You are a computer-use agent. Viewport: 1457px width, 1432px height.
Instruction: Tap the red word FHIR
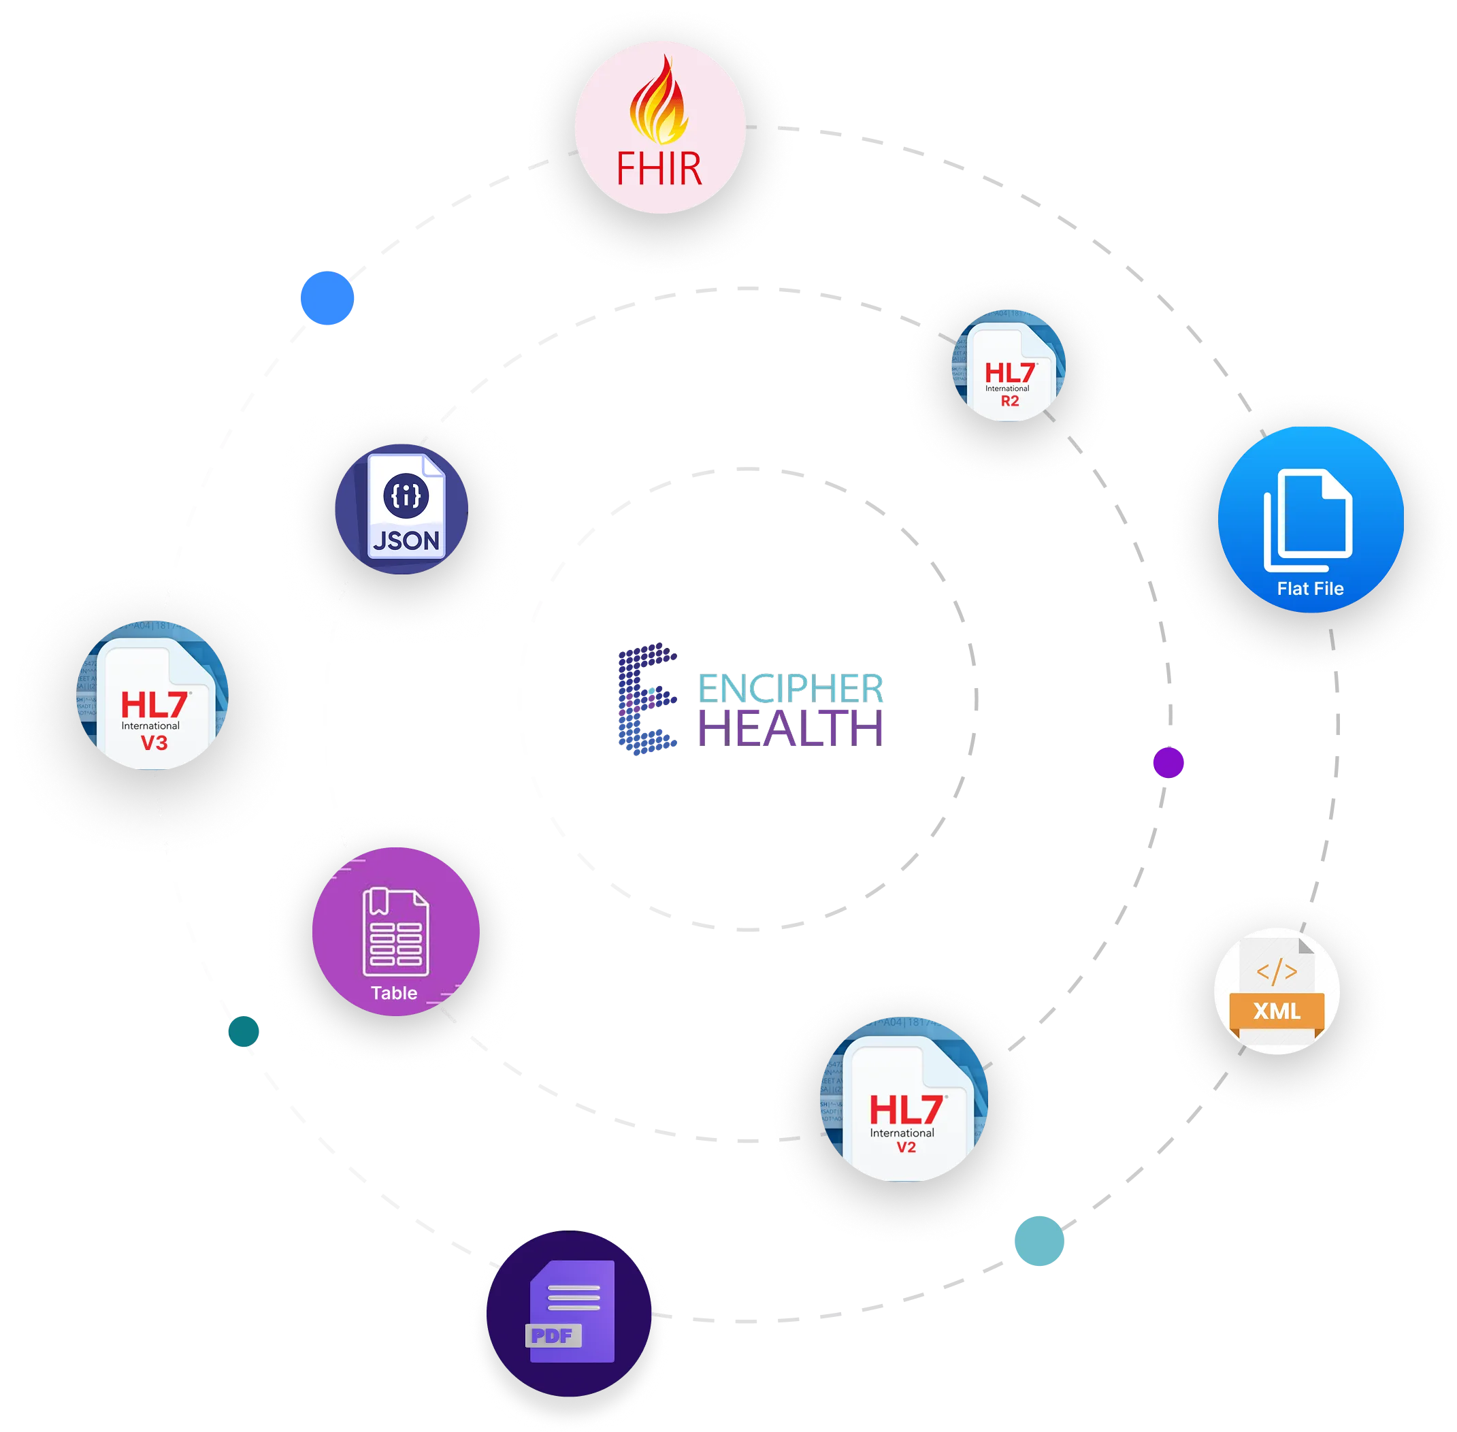click(x=659, y=169)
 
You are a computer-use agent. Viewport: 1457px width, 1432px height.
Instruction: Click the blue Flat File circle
click(x=1310, y=519)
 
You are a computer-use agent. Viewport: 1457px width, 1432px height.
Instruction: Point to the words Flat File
click(x=1310, y=589)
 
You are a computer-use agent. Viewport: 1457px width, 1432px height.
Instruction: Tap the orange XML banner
click(x=1277, y=1011)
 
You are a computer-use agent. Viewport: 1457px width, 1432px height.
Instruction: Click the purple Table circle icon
click(x=395, y=931)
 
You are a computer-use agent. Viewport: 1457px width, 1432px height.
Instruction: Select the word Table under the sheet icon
click(x=394, y=993)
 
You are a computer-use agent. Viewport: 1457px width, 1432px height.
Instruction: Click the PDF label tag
click(x=553, y=1336)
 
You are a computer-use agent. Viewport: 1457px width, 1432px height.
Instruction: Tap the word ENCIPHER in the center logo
click(x=791, y=687)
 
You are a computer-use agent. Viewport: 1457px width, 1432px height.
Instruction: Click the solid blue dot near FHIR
click(x=327, y=297)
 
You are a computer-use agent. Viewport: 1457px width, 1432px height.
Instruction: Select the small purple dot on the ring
click(x=1168, y=762)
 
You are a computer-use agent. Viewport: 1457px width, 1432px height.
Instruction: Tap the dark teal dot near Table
click(x=244, y=1030)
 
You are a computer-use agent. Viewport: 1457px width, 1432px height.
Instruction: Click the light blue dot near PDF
click(x=1038, y=1241)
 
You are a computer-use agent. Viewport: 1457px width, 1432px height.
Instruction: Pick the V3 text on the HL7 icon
click(x=154, y=743)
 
